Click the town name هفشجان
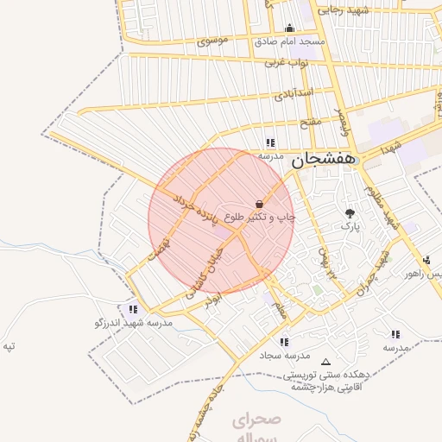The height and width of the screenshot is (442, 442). click(323, 160)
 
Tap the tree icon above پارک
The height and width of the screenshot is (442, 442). click(350, 212)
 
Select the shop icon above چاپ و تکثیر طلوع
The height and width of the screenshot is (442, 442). click(259, 203)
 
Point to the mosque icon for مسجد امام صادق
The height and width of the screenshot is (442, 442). click(288, 27)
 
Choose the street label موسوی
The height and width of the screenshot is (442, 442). click(212, 41)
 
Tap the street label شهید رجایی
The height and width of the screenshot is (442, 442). click(344, 10)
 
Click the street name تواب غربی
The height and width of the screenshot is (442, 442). click(287, 62)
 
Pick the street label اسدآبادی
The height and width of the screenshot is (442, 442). click(294, 92)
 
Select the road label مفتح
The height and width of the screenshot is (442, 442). click(310, 123)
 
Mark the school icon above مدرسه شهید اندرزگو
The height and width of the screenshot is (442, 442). click(132, 308)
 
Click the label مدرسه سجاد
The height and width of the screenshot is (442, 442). click(284, 356)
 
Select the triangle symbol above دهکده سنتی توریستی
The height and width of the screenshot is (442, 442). click(325, 362)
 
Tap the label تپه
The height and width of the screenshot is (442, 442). click(9, 346)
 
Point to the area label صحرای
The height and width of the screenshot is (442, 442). click(256, 421)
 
